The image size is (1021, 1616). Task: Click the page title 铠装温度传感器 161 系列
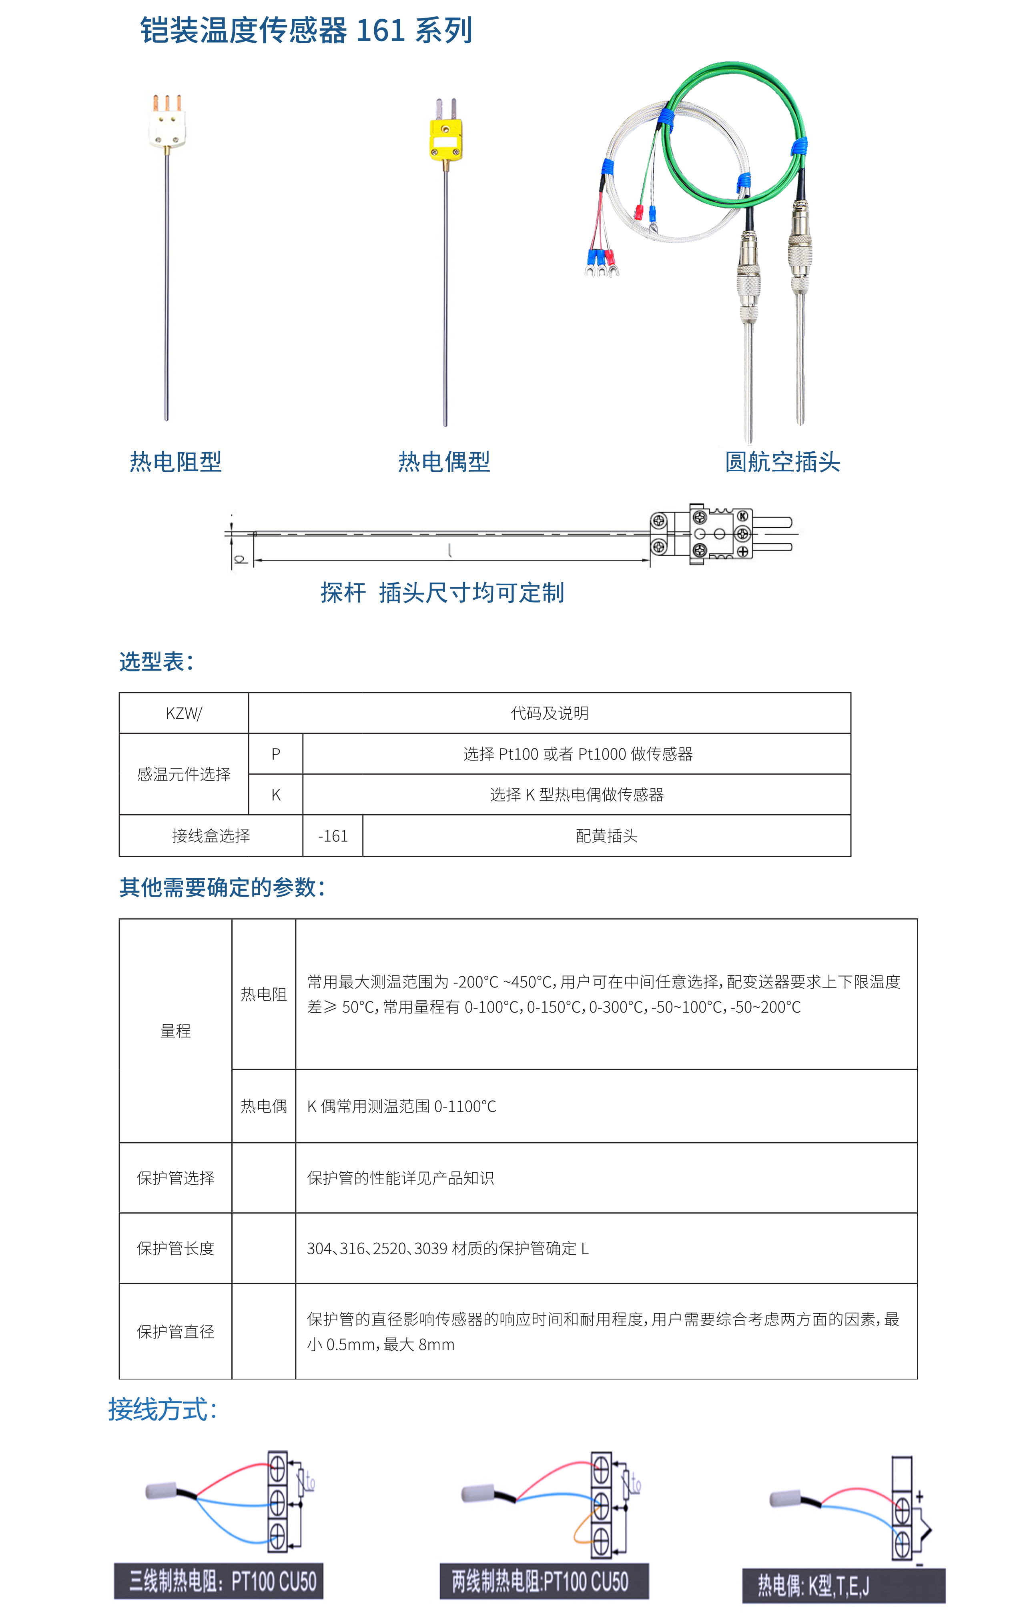coord(306,31)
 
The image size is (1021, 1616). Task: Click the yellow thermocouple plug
coord(445,140)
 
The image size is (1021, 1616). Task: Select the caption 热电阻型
coord(175,462)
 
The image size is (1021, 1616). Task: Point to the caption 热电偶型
coord(444,462)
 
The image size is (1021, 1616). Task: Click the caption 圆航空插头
coord(782,462)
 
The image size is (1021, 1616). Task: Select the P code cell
coord(275,754)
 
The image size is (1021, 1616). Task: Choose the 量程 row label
coord(175,1031)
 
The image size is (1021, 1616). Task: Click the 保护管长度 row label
coord(175,1248)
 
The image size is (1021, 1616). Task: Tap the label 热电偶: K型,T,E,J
coord(814,1586)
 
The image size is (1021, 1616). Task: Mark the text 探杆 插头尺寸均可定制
coord(442,593)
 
